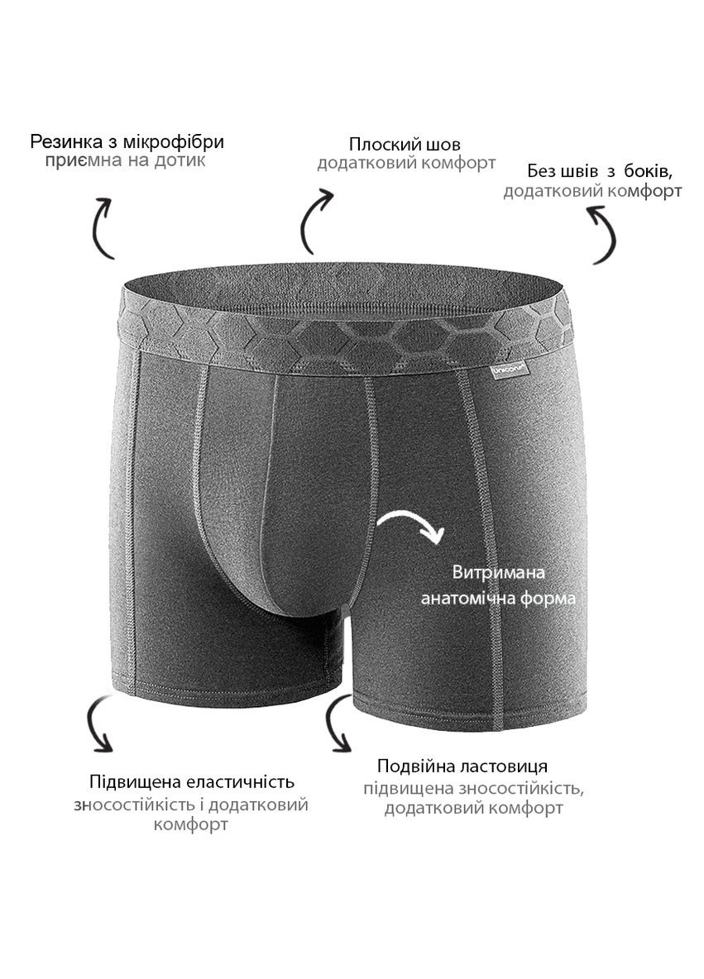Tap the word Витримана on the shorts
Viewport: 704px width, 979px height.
[499, 572]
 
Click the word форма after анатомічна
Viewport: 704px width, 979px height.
[548, 599]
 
